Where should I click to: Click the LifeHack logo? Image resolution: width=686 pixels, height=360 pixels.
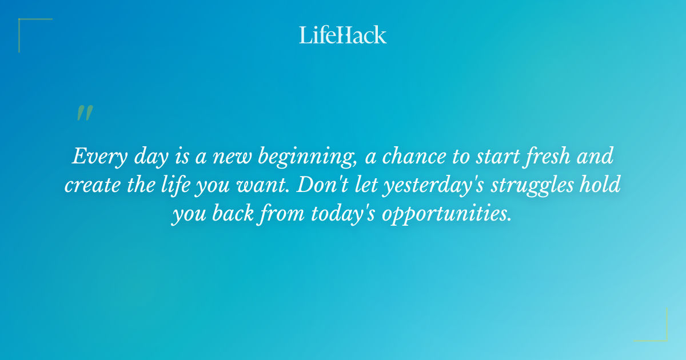[x=343, y=35]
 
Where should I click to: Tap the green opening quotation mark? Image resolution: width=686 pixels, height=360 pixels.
[x=85, y=113]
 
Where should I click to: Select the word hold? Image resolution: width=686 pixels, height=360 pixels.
[x=606, y=186]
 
